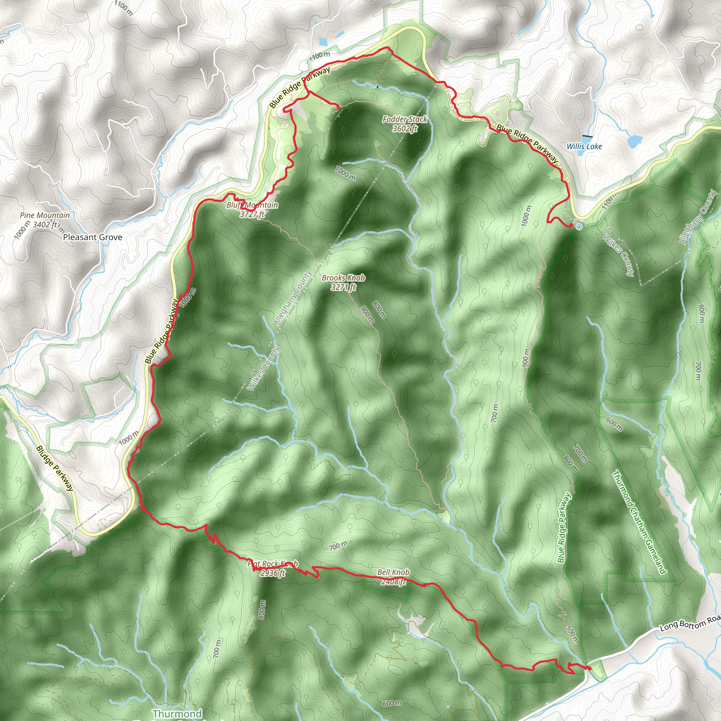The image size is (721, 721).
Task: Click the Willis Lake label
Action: tap(584, 146)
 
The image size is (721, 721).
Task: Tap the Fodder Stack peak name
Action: tap(405, 119)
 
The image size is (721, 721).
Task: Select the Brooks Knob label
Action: tap(343, 278)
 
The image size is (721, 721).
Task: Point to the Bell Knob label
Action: tap(393, 572)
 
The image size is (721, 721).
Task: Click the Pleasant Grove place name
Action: tap(93, 237)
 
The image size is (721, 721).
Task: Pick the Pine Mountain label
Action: tap(45, 215)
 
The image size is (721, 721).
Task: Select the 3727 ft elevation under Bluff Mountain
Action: tap(252, 214)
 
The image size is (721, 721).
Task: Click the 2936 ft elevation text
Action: tap(272, 573)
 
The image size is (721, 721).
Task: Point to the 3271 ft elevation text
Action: tap(343, 287)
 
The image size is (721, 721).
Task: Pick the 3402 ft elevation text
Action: tap(45, 225)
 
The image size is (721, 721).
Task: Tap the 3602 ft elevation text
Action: tap(405, 129)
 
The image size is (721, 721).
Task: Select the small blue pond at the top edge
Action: tap(323, 42)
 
